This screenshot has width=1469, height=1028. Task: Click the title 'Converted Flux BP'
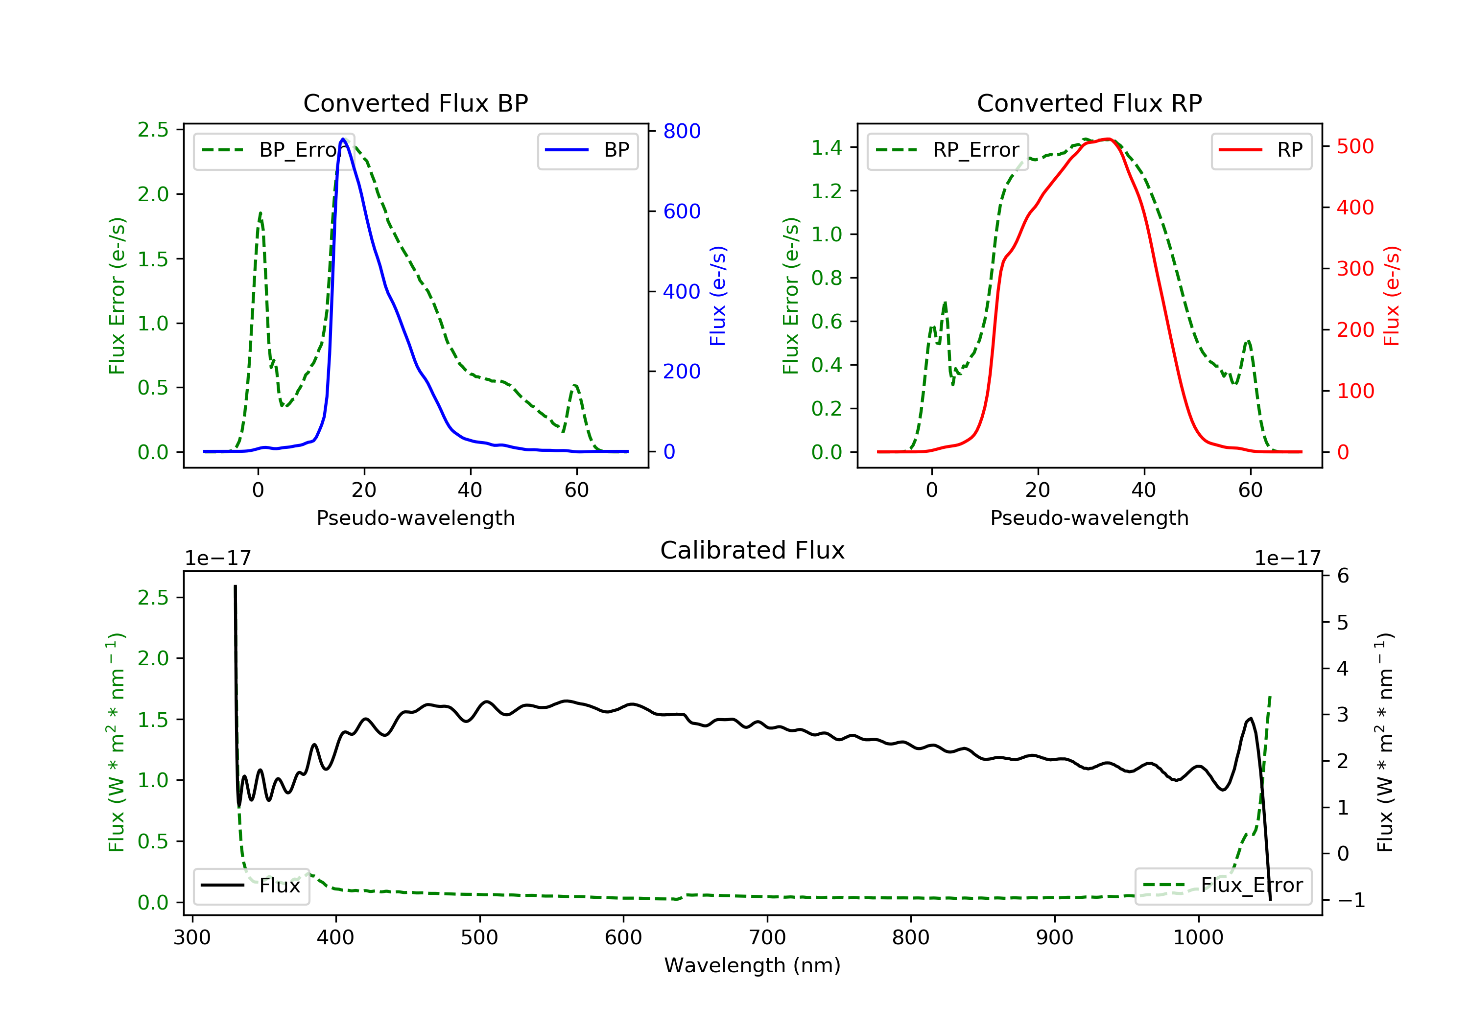pos(415,103)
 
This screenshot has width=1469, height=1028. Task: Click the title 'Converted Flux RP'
pos(1089,103)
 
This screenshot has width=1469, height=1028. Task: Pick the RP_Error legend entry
pos(948,150)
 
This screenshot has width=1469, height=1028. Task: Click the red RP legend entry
pos(1261,150)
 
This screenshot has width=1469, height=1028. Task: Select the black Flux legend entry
pos(252,886)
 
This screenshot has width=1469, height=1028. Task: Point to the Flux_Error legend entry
pos(1223,886)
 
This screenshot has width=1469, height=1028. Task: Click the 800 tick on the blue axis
pos(682,131)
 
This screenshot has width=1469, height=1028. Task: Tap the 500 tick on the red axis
pos(1355,146)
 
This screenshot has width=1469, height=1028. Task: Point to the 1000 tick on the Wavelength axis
pos(1198,938)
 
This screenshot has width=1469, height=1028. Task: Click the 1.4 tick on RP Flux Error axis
pos(827,148)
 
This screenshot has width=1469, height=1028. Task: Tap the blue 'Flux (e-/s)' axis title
pos(718,296)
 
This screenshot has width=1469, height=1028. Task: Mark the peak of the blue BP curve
pos(343,139)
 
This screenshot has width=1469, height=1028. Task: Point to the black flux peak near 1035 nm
pos(1251,719)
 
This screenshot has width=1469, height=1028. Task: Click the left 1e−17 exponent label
pos(217,559)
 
